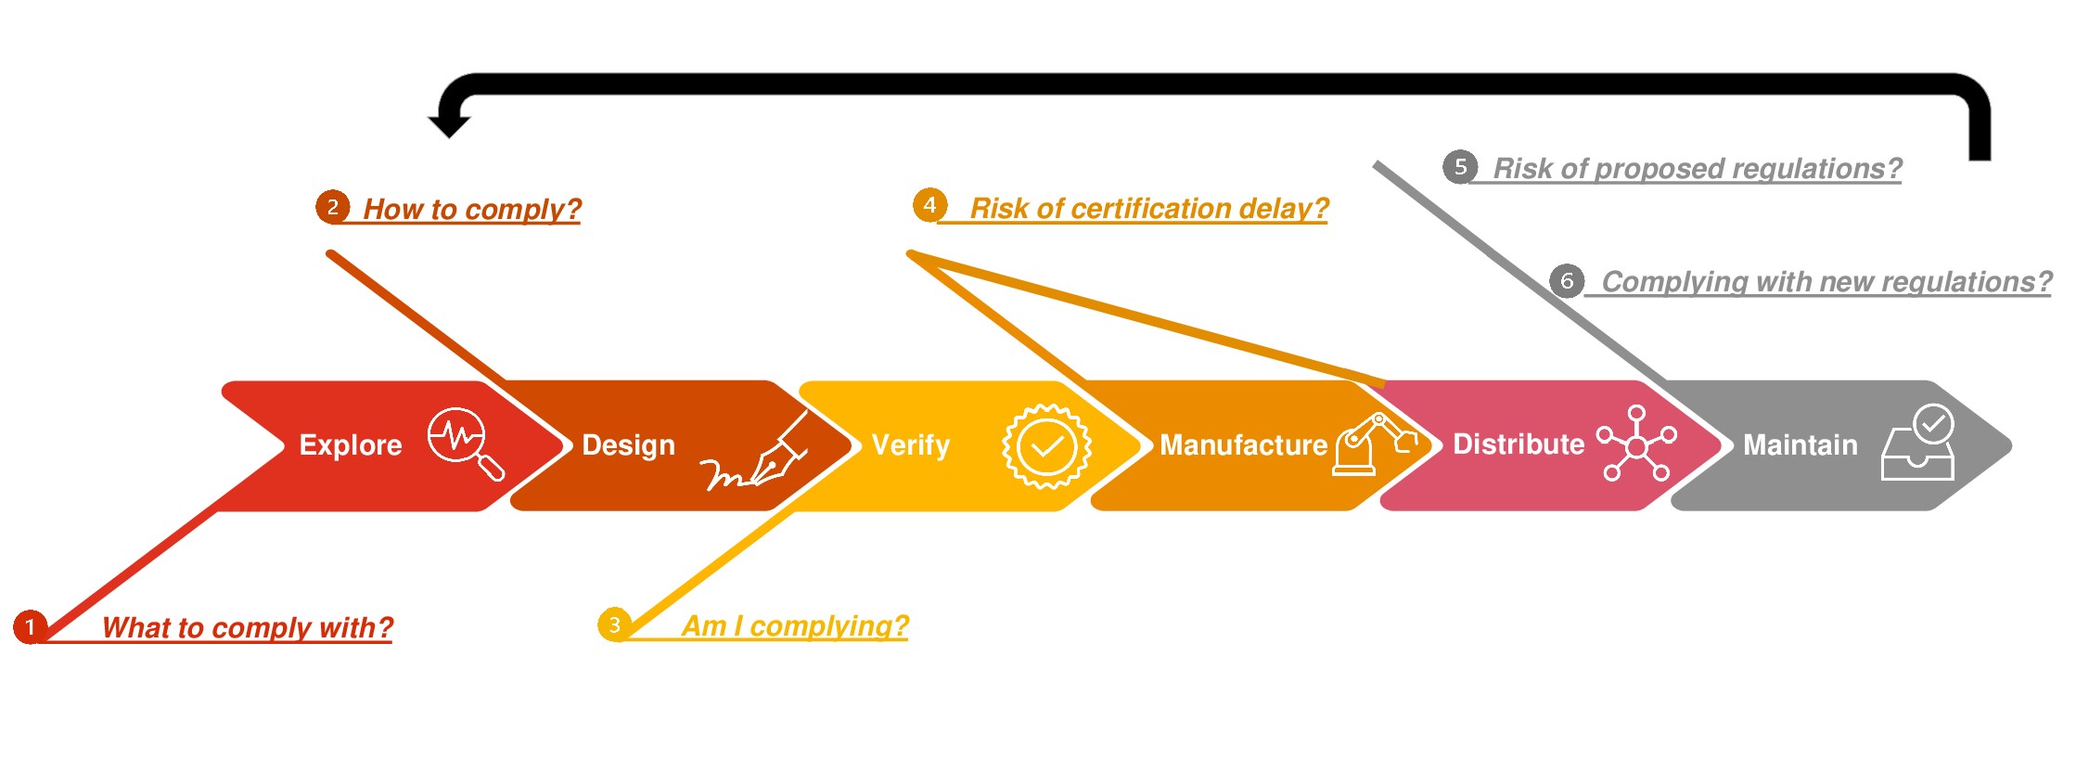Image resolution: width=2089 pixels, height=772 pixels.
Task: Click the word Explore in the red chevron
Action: tap(351, 445)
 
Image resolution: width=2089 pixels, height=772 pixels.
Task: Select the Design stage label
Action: tap(628, 445)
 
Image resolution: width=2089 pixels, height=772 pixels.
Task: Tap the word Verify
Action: tap(910, 445)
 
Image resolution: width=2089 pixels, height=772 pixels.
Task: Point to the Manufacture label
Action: tap(1243, 445)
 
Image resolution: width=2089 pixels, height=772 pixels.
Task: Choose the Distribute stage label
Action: tap(1518, 444)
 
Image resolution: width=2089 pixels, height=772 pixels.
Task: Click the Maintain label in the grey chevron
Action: tap(1800, 445)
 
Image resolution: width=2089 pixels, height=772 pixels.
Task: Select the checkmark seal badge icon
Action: tap(1046, 446)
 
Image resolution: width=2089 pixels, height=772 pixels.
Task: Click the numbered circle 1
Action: tap(31, 626)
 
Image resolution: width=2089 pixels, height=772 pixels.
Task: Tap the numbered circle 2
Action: tap(332, 206)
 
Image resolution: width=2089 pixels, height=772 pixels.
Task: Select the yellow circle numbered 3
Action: tap(614, 624)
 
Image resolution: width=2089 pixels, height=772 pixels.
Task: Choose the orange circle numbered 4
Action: tap(929, 205)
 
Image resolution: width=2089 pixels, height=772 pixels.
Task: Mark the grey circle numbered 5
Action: tap(1460, 167)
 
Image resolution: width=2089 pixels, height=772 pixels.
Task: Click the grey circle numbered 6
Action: tap(1567, 280)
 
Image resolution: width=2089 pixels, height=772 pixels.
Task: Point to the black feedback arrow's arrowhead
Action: tap(449, 124)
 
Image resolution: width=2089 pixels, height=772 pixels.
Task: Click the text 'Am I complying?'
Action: tap(795, 626)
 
